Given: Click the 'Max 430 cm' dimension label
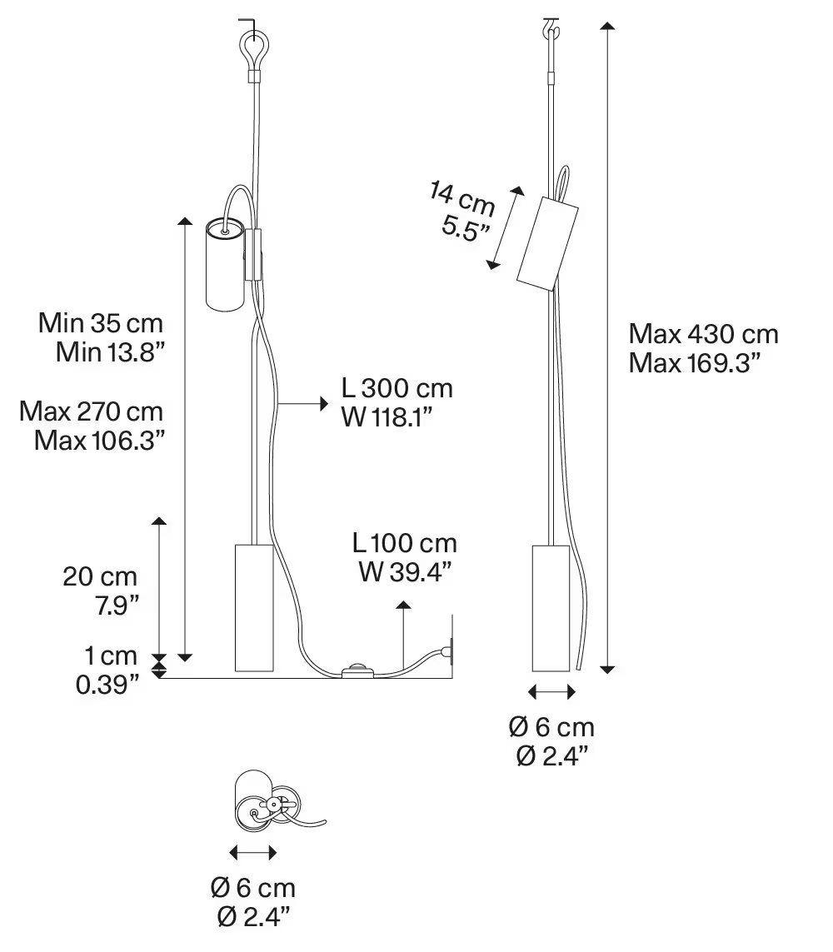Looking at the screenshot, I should pyautogui.click(x=703, y=335).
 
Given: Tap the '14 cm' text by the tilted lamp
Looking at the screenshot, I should pyautogui.click(x=462, y=200).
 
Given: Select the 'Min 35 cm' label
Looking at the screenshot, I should pyautogui.click(x=101, y=323).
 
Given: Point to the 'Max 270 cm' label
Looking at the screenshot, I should pyautogui.click(x=92, y=411).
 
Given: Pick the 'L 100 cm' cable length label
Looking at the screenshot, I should pyautogui.click(x=404, y=544).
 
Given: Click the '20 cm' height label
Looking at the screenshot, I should pyautogui.click(x=100, y=576).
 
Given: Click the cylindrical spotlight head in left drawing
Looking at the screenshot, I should pyautogui.click(x=224, y=264).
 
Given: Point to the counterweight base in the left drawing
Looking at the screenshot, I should pyautogui.click(x=252, y=607).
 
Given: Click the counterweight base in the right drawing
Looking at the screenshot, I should pyautogui.click(x=551, y=607).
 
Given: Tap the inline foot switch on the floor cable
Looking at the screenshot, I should pyautogui.click(x=357, y=669).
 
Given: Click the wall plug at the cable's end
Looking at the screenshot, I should pyautogui.click(x=450, y=650).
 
